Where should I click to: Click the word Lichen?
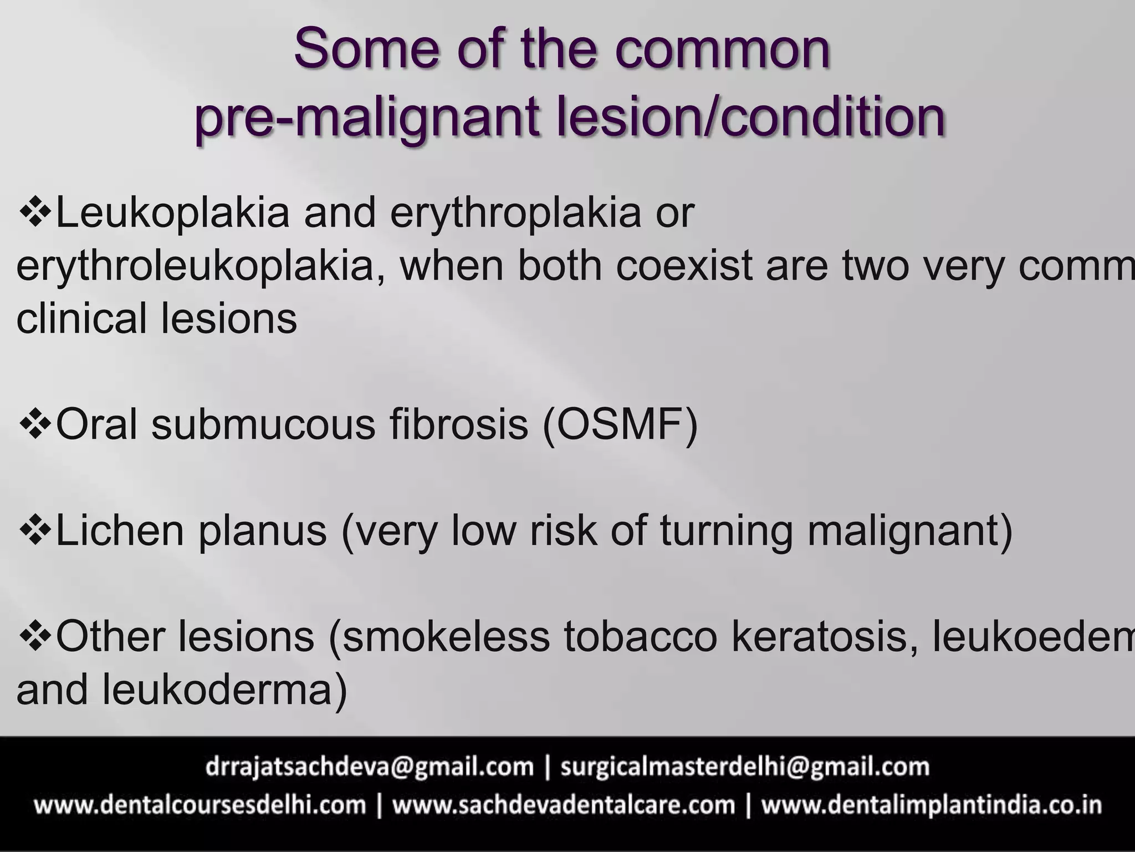click(120, 530)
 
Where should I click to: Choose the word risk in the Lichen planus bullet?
click(563, 530)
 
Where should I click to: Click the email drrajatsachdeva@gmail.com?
click(369, 767)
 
